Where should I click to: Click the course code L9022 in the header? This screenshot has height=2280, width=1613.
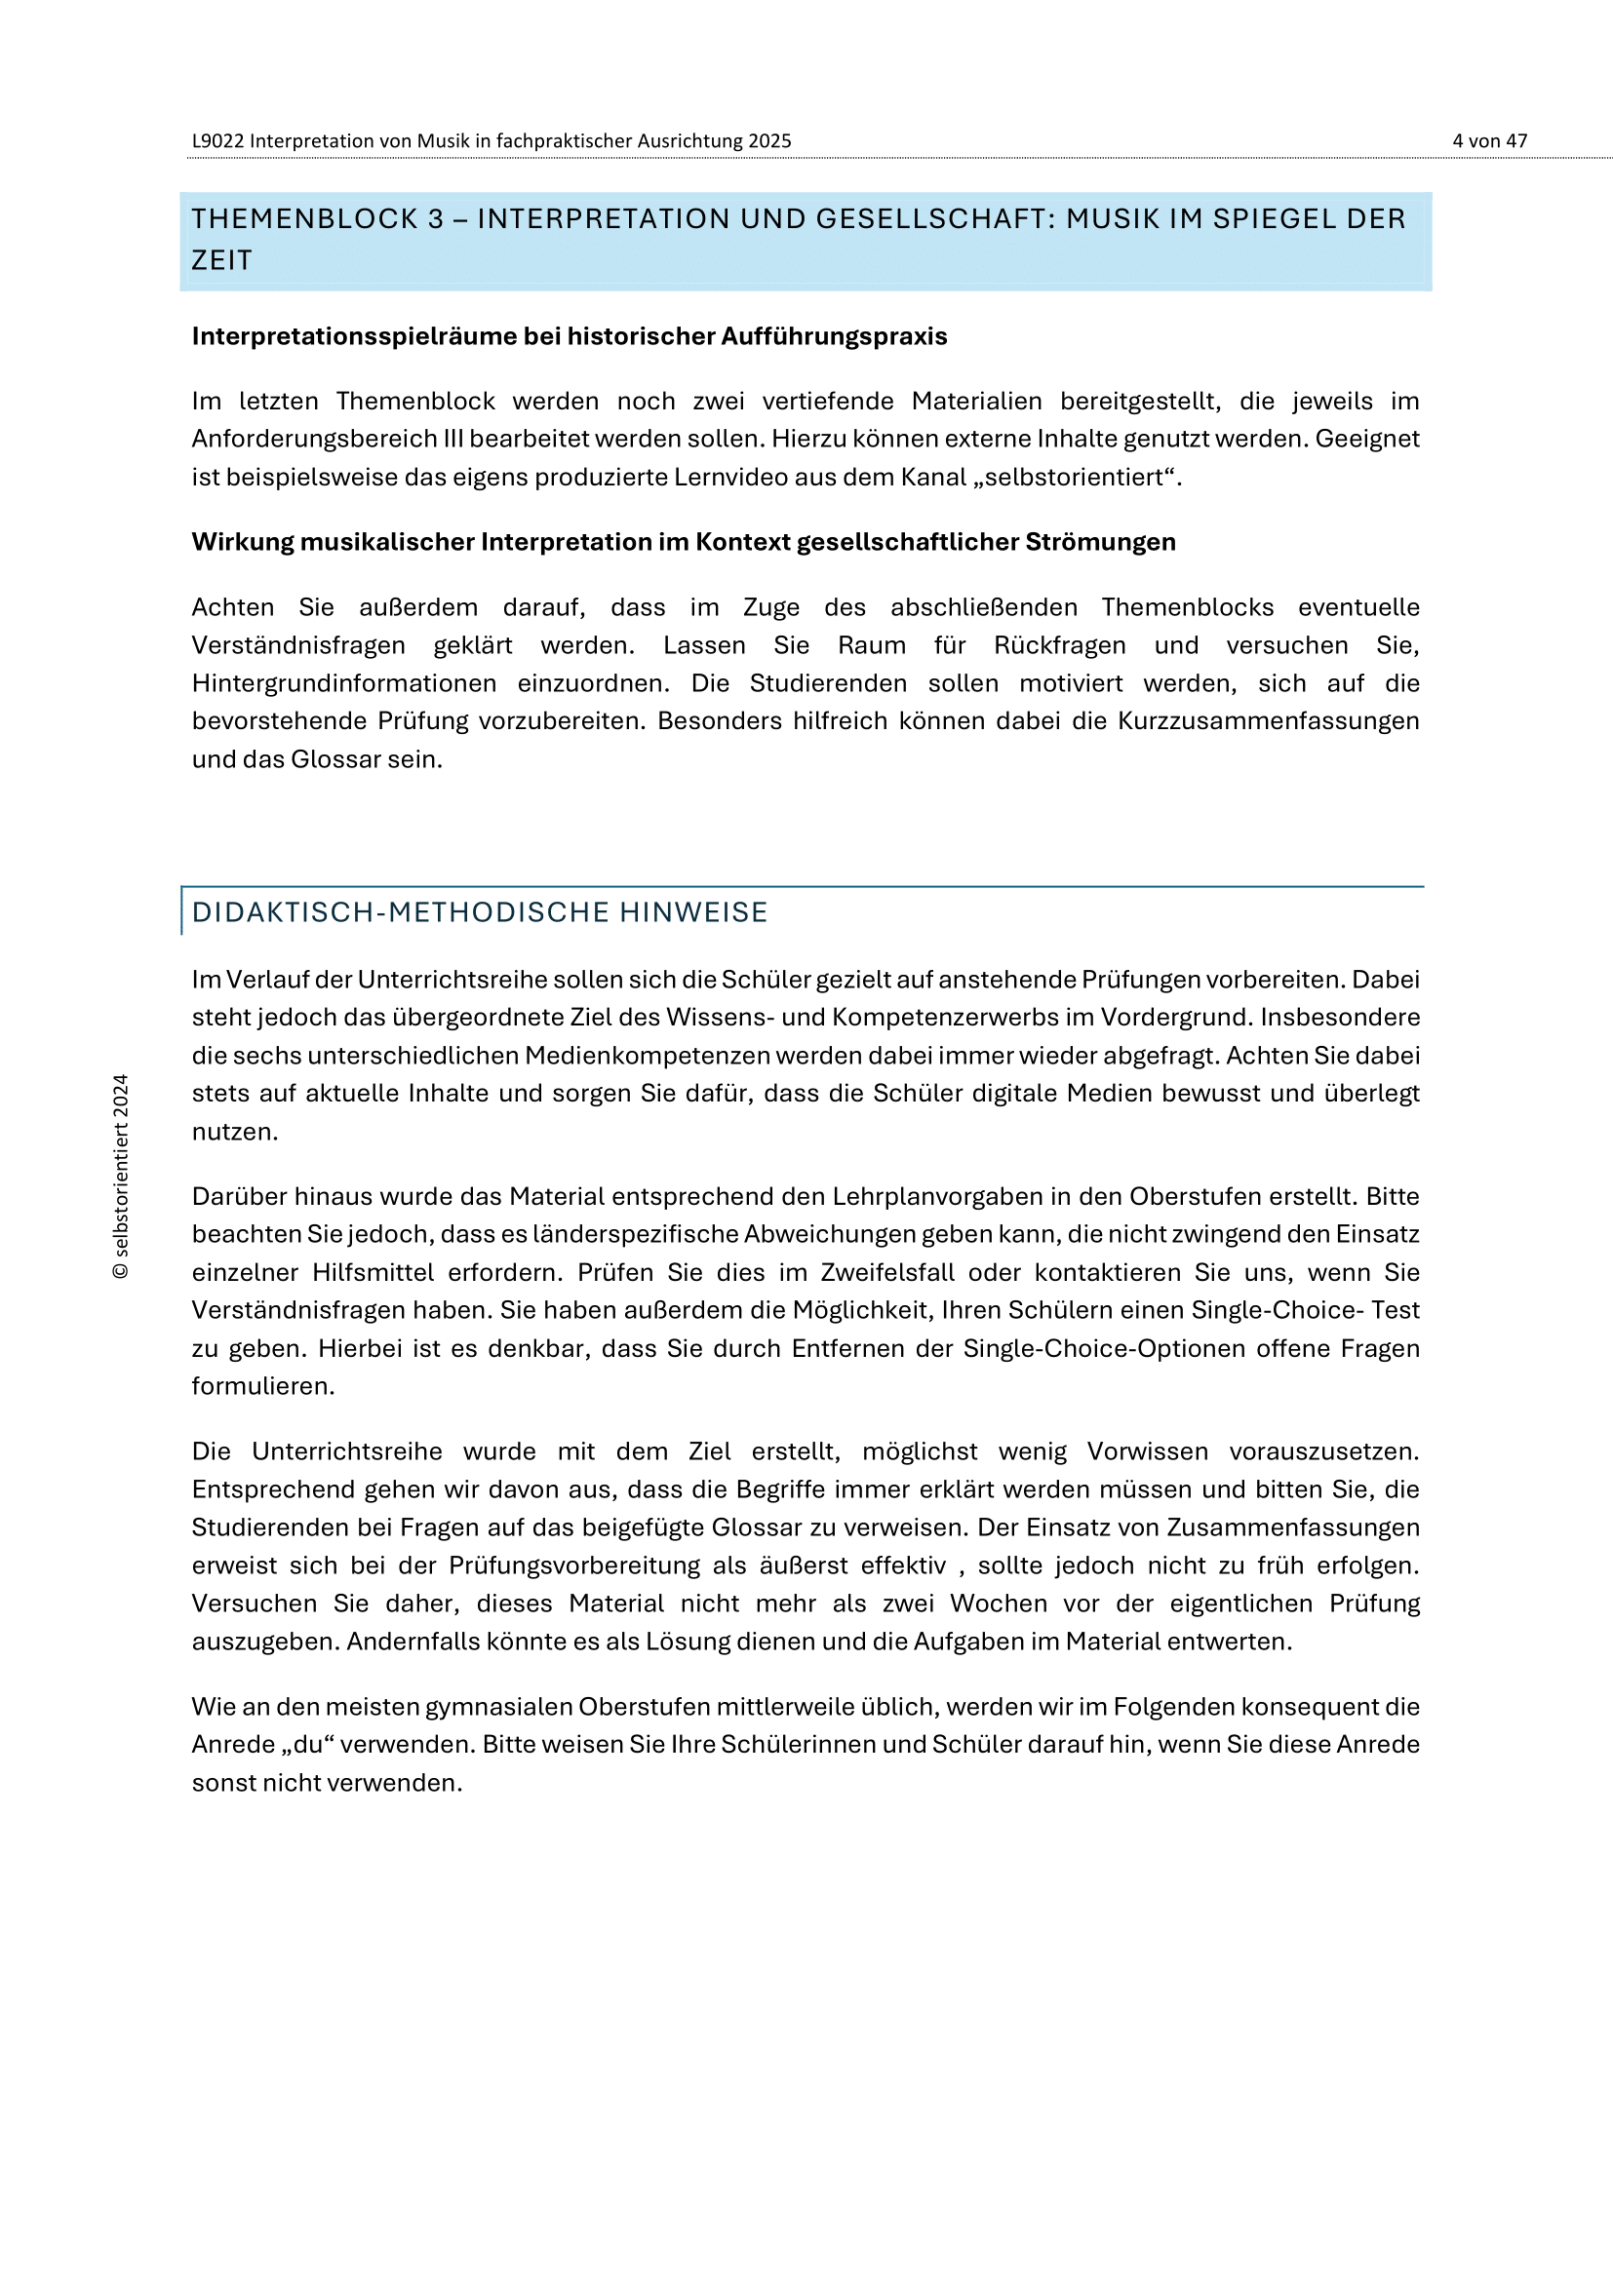coord(217,141)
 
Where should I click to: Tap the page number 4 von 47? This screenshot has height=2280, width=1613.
coord(1489,141)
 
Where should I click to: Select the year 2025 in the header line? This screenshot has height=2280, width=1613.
coord(769,141)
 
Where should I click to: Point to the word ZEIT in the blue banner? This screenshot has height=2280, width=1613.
coord(222,260)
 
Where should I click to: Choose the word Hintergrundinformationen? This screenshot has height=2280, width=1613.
coord(343,683)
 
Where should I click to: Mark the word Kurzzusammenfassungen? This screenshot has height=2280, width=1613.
coord(1269,721)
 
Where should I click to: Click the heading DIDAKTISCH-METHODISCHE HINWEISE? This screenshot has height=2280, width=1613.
coord(480,912)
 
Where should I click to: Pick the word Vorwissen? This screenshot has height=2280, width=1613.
coord(1147,1451)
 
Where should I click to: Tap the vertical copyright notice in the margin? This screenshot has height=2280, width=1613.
coord(121,1176)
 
